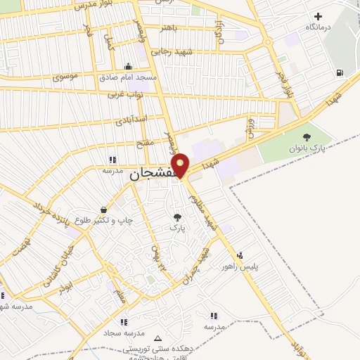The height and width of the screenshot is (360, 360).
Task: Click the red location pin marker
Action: coord(181,165)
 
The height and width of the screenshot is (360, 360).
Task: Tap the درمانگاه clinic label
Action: coord(319,27)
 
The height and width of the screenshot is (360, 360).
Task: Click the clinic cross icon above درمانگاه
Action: coord(319,16)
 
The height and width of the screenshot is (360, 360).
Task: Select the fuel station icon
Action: coord(341,72)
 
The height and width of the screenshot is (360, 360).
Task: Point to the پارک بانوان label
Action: coord(306,149)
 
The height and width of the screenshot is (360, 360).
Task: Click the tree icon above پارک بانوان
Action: coord(306,138)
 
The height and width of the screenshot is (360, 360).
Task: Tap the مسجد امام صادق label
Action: coord(128,77)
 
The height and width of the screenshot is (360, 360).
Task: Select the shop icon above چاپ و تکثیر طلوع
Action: coord(105,210)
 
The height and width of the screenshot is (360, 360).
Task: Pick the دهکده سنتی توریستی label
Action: coord(156,348)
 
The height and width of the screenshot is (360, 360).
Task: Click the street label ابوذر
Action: coord(65,288)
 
